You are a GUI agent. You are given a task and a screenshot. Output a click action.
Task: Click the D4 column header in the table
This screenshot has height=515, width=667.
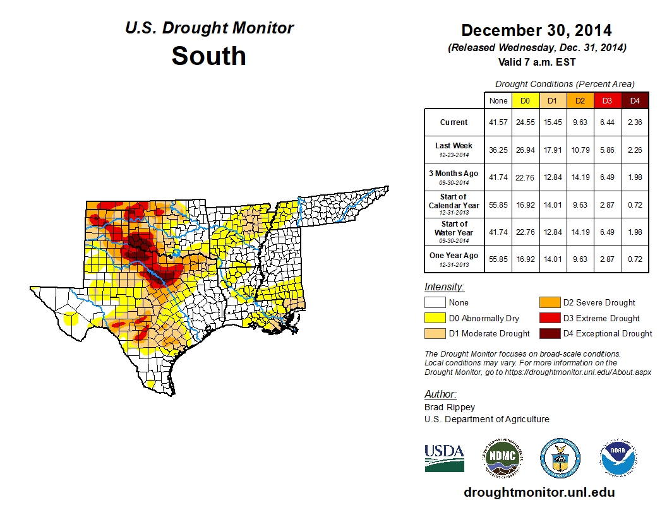635,100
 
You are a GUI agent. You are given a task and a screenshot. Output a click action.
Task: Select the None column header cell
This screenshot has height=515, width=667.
498,100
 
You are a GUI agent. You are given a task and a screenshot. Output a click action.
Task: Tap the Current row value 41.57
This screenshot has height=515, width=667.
498,122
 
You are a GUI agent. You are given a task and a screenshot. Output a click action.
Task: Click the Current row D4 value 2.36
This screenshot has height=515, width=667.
635,122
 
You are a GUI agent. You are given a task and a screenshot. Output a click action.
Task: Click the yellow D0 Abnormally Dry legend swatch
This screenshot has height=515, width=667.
435,318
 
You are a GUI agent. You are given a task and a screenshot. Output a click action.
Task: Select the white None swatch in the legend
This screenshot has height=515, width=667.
435,303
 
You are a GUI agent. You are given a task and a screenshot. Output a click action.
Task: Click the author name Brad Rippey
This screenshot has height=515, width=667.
449,407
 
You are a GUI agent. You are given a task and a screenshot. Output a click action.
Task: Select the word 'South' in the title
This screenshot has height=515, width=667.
208,56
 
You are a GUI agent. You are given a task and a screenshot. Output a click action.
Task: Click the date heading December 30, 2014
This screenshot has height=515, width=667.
536,30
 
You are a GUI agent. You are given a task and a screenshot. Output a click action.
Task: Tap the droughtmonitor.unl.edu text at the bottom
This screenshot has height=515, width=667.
539,492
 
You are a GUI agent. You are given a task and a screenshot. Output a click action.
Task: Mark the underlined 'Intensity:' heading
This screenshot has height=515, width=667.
444,287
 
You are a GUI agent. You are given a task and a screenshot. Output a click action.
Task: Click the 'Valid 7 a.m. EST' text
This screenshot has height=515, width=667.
536,62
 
